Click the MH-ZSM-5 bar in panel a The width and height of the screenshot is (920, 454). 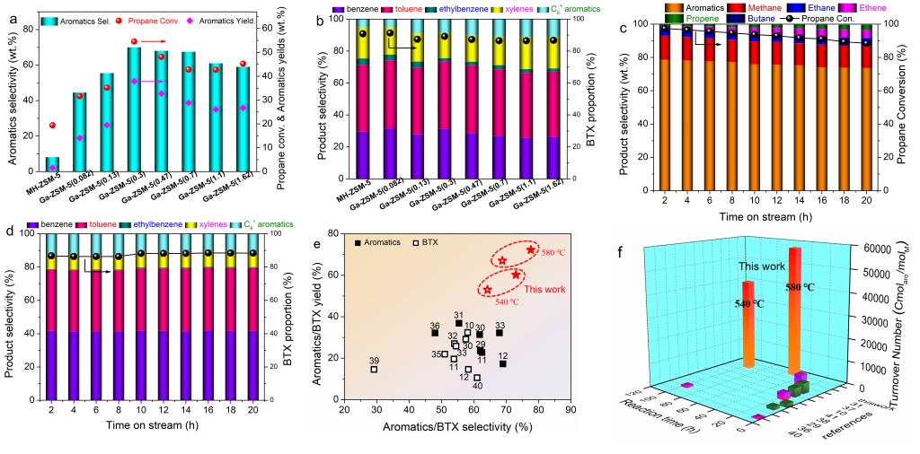pyautogui.click(x=53, y=163)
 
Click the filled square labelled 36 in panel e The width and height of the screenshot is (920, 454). pyautogui.click(x=435, y=333)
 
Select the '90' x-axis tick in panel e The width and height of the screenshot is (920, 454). pyautogui.click(x=571, y=409)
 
